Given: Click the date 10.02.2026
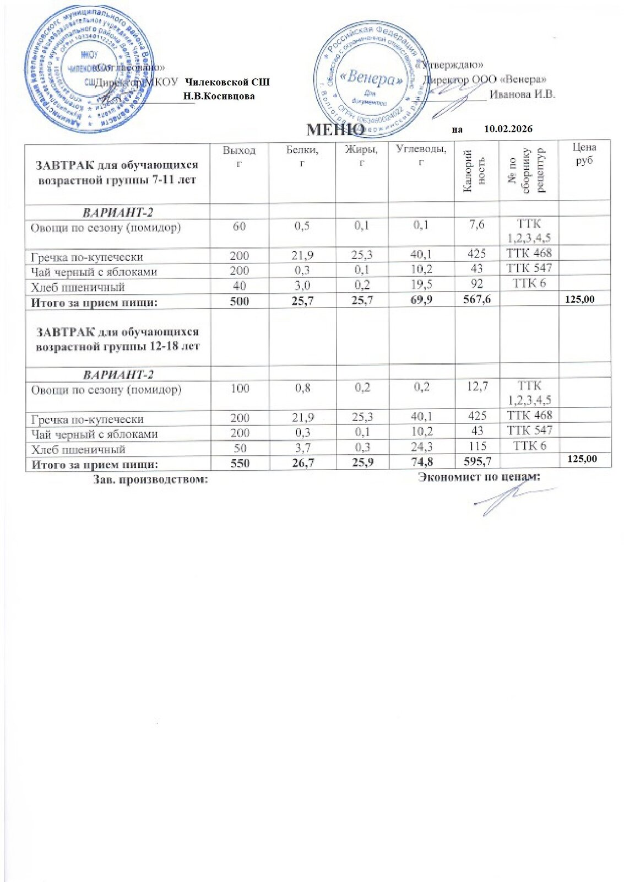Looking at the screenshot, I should pos(508,129).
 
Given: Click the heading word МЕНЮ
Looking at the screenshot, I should pos(334,130).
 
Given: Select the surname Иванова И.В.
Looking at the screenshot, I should pos(522,94).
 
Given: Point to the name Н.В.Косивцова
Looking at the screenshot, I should pos(219,96).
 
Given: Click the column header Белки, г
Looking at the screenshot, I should pos(302,155).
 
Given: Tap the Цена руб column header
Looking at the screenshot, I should pos(584,154).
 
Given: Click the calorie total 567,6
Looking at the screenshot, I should pos(477,300).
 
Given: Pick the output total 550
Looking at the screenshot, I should pos(240,463).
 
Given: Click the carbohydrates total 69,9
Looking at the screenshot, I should pos(421,300).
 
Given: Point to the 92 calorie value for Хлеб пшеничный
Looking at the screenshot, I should pos(477,284).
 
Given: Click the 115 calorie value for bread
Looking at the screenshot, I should pos(477,446).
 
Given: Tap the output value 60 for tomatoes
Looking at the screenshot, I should pos(239,226).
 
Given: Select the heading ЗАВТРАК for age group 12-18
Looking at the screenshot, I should pos(117,339).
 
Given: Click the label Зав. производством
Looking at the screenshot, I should pos(150,479).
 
